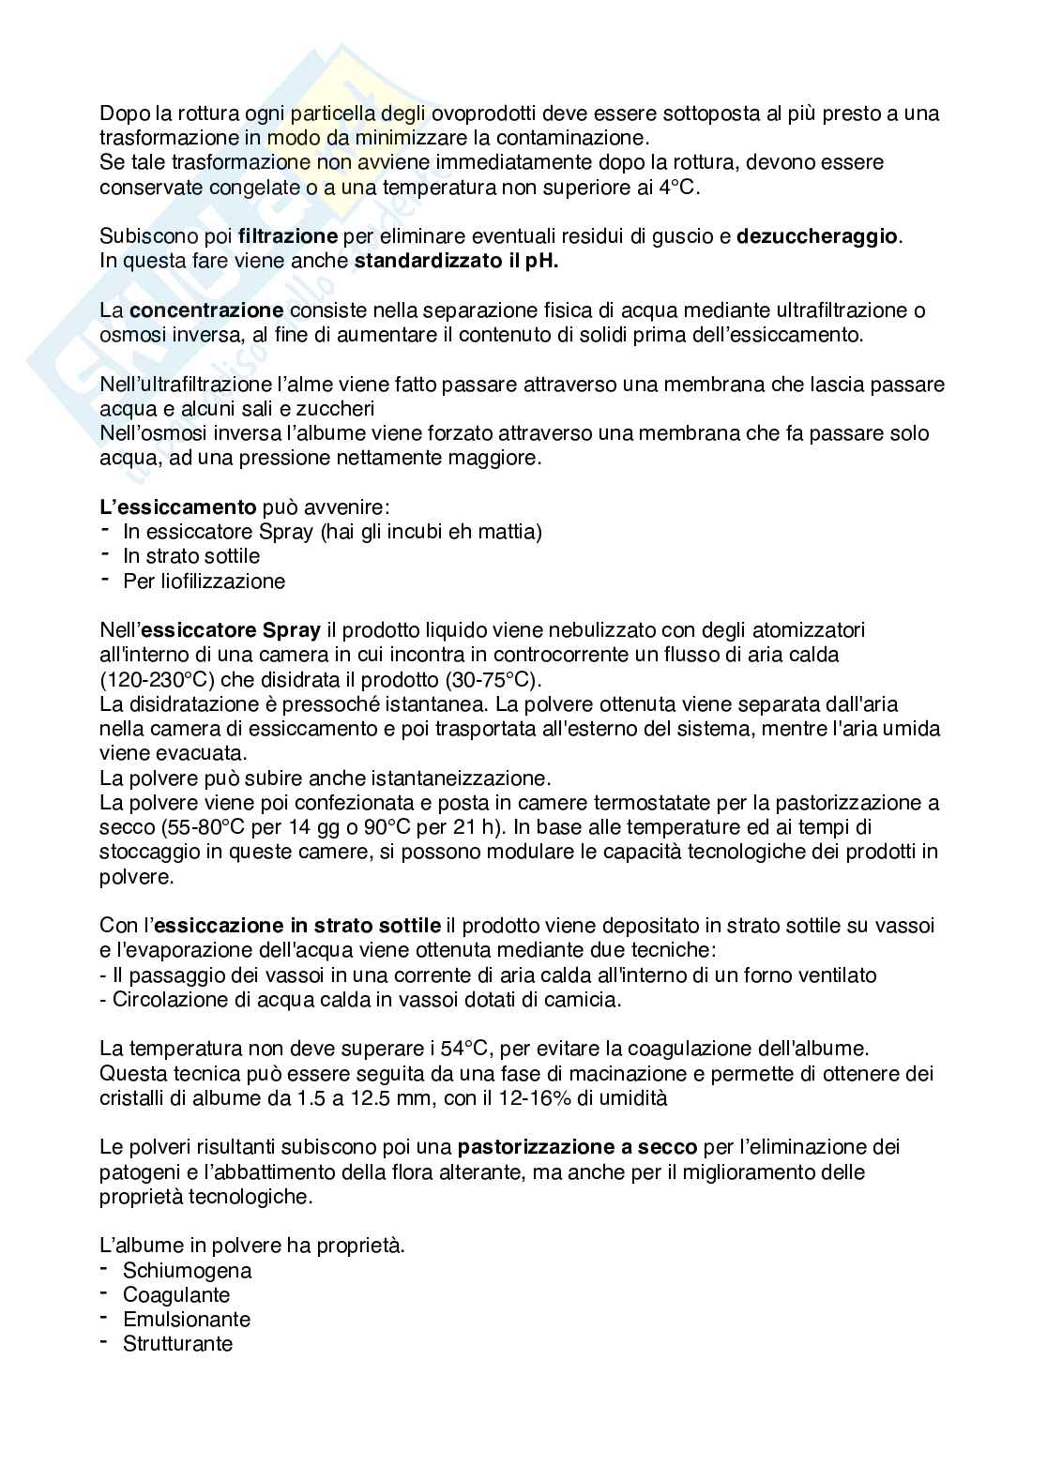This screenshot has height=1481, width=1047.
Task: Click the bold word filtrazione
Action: pyautogui.click(x=288, y=236)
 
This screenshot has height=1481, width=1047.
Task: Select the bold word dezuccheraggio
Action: pyautogui.click(x=818, y=236)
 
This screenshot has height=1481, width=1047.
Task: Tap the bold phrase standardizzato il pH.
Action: pyautogui.click(x=456, y=261)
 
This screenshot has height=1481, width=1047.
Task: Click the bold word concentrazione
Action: pyautogui.click(x=206, y=310)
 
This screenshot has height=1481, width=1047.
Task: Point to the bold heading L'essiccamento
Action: pyautogui.click(x=177, y=506)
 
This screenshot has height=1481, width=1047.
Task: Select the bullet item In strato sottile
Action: pyautogui.click(x=191, y=556)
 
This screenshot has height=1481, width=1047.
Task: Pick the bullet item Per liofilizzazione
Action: pyautogui.click(x=204, y=581)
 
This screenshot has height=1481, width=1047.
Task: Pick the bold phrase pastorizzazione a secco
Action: pyautogui.click(x=577, y=1146)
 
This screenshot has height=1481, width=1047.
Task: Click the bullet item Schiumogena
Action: pyautogui.click(x=187, y=1271)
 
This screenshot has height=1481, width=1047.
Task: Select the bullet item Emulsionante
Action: pyautogui.click(x=187, y=1320)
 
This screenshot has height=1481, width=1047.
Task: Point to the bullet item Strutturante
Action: pyautogui.click(x=177, y=1344)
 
